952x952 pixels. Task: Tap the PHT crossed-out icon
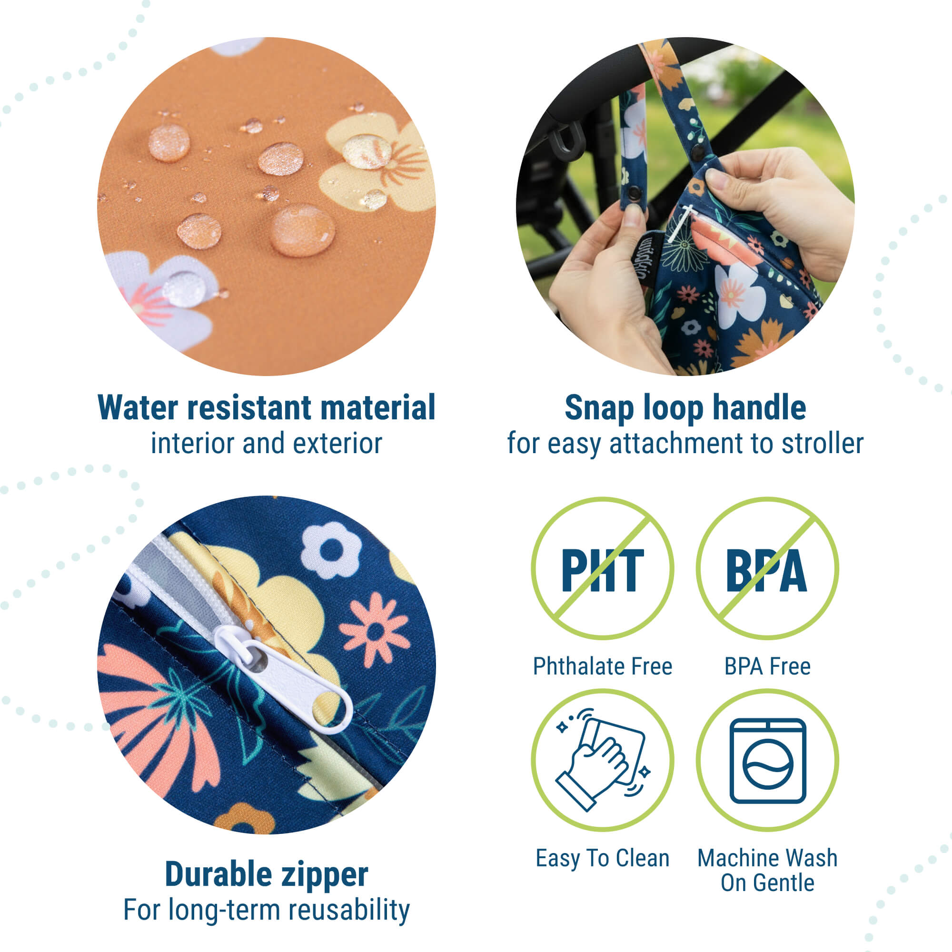(x=602, y=568)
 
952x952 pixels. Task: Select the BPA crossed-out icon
(x=767, y=568)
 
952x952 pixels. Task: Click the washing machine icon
(x=768, y=761)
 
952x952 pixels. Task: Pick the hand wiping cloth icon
(x=602, y=759)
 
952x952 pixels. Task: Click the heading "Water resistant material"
(x=267, y=408)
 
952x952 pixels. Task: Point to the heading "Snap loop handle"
(x=685, y=408)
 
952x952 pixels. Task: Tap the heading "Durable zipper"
(x=267, y=874)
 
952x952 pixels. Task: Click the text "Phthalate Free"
(x=603, y=666)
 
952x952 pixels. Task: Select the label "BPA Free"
(x=767, y=666)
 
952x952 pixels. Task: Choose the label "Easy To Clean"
(x=603, y=858)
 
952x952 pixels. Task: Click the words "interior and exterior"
(x=267, y=444)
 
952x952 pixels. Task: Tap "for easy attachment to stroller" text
(x=685, y=444)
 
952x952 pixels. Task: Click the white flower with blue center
(x=331, y=550)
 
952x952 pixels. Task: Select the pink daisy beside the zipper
(x=375, y=629)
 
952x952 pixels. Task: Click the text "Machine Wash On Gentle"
(x=768, y=870)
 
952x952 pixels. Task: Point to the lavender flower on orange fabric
(x=163, y=298)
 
